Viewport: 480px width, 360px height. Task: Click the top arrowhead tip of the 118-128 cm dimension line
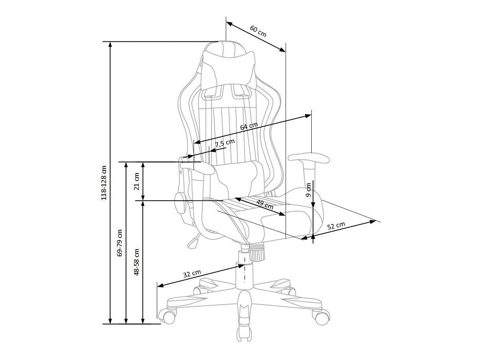pos(110,42)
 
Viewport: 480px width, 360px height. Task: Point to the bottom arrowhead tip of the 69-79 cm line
pos(126,324)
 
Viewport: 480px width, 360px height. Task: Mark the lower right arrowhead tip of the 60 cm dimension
pos(286,52)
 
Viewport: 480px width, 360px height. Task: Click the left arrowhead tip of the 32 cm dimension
pos(158,287)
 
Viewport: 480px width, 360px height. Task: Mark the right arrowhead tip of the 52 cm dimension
pos(376,220)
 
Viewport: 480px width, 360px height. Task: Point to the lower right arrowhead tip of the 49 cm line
pos(285,215)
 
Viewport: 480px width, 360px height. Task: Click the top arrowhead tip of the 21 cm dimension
pos(143,162)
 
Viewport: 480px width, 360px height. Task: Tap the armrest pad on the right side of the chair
pos(309,158)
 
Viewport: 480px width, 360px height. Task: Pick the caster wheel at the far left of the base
pos(167,316)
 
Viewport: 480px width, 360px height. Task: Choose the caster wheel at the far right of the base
pos(320,317)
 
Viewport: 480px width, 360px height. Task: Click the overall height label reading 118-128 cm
pos(104,183)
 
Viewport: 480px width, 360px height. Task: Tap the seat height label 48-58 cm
pos(136,262)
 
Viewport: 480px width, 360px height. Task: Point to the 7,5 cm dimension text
pos(225,143)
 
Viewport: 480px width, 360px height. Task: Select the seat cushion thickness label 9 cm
pos(308,190)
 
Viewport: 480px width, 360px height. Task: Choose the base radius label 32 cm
pos(192,273)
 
